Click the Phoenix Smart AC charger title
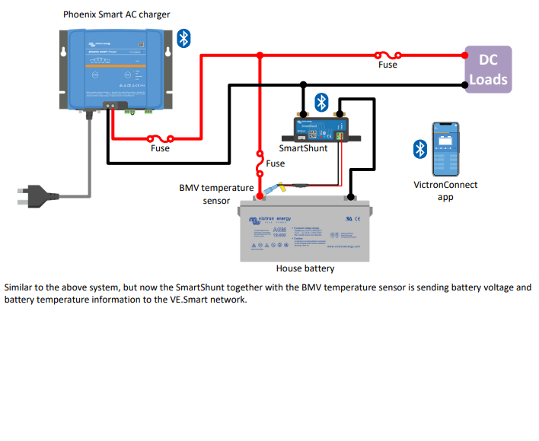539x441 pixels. [x=116, y=14]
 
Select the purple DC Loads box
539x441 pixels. [x=488, y=70]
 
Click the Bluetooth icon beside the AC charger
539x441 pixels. [x=183, y=39]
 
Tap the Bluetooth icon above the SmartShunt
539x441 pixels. [x=322, y=102]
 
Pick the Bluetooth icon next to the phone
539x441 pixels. [x=419, y=149]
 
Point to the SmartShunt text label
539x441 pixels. [x=303, y=148]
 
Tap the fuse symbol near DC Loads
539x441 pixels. [x=387, y=55]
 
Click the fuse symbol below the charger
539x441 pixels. [x=161, y=138]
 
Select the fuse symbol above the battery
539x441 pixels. [x=260, y=162]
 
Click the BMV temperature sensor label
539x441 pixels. [x=216, y=194]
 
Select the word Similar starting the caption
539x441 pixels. [x=19, y=288]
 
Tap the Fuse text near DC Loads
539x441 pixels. [x=388, y=65]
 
